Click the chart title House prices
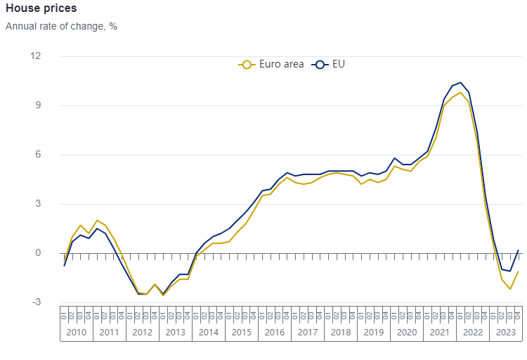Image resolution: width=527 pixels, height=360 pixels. [x=41, y=8]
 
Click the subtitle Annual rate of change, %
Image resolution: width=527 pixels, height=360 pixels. [x=61, y=26]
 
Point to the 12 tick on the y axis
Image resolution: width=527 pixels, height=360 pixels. [x=36, y=56]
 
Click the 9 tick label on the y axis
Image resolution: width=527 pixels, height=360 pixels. [x=39, y=105]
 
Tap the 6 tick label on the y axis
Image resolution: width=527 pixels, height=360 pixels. [x=39, y=155]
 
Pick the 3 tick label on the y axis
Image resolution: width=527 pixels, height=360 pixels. [x=39, y=204]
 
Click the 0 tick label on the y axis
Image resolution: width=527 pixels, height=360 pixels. [x=39, y=253]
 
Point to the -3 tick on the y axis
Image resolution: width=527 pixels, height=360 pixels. [x=37, y=302]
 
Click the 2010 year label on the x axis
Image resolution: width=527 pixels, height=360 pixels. [x=77, y=332]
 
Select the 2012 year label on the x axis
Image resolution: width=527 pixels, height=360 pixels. [x=143, y=332]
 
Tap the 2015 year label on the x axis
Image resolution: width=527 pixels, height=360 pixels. [x=242, y=332]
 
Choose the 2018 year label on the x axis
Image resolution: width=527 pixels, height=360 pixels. [x=341, y=332]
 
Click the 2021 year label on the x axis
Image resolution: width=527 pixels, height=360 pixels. [x=440, y=332]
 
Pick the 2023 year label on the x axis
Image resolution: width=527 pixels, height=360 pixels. [x=506, y=332]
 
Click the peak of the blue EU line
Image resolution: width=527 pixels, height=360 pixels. [x=460, y=82]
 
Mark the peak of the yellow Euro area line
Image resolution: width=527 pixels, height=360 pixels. [x=460, y=92]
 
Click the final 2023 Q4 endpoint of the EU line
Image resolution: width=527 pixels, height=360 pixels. [x=518, y=250]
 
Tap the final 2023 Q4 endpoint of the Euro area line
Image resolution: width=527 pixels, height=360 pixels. [x=518, y=271]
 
